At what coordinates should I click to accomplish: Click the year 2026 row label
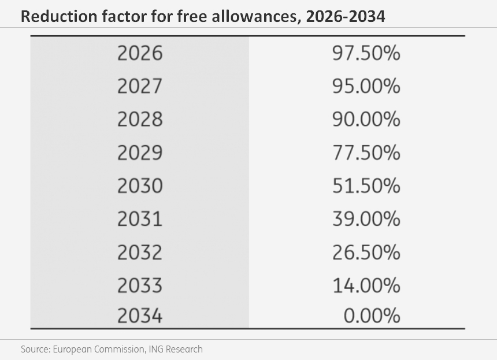[x=140, y=53]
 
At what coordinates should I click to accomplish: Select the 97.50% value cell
[x=366, y=53]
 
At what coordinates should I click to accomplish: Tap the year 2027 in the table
[x=140, y=86]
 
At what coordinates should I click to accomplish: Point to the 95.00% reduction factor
[x=366, y=86]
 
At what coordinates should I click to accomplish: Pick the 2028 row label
[x=140, y=120]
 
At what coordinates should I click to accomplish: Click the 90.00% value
[x=366, y=120]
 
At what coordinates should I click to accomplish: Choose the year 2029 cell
[x=140, y=153]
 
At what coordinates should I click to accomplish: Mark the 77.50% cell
[x=366, y=153]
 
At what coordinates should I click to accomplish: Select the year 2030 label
[x=140, y=185]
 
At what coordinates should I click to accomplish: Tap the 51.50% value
[x=366, y=185]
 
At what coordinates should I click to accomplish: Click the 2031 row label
[x=140, y=219]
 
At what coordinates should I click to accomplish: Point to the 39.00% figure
[x=366, y=219]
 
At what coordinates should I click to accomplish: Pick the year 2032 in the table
[x=140, y=253]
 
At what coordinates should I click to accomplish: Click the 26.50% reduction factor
[x=366, y=253]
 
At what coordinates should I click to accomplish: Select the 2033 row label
[x=140, y=285]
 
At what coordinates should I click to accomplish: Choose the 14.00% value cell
[x=366, y=285]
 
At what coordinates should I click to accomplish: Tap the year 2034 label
[x=140, y=316]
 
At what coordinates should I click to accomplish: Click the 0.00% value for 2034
[x=372, y=316]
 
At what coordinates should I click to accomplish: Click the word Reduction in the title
[x=59, y=16]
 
